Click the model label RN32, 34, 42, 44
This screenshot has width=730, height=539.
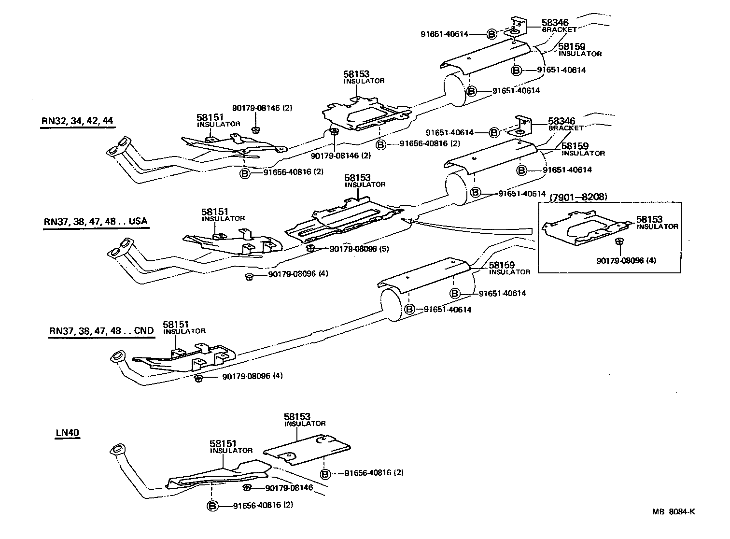tap(78, 120)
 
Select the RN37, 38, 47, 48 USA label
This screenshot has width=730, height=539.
tap(95, 222)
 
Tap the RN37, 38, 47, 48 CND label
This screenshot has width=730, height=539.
tap(101, 331)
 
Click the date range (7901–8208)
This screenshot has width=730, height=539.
tap(578, 197)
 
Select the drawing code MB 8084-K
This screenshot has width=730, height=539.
tap(674, 512)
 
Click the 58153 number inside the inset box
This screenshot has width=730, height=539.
tap(649, 219)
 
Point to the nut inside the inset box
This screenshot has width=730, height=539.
tap(618, 241)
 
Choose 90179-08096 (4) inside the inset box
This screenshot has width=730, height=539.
tap(626, 261)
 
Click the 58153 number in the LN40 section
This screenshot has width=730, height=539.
tap(297, 416)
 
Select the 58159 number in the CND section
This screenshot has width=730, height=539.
tap(502, 265)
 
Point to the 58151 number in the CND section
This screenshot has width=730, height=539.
tap(176, 324)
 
